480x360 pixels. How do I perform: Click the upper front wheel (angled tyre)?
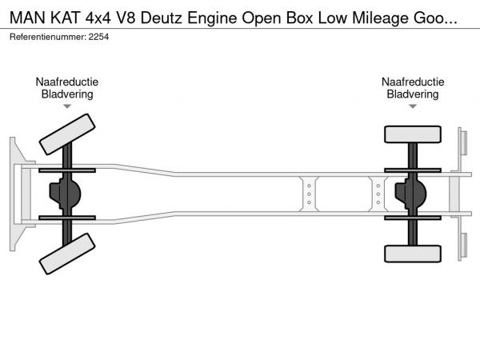66,134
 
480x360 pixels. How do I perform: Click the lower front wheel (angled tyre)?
66,256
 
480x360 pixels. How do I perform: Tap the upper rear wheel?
412,134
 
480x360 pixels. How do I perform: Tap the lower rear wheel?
412,254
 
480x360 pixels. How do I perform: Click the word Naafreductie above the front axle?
66,82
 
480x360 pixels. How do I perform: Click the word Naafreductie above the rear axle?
413,82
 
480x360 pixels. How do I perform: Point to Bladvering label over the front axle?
66,94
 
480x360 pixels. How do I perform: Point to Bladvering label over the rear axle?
413,94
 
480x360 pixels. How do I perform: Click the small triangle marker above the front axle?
66,106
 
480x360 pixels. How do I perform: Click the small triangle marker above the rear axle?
413,106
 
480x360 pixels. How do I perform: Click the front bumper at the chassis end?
15,194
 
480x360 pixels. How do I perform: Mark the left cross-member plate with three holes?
308,194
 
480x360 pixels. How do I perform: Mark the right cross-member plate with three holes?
378,194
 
